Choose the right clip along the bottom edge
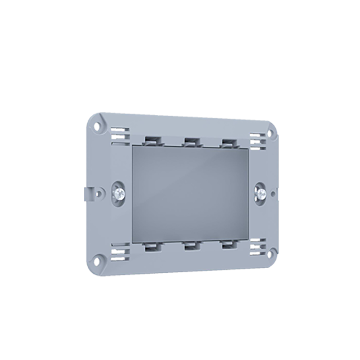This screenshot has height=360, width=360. [228, 245]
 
